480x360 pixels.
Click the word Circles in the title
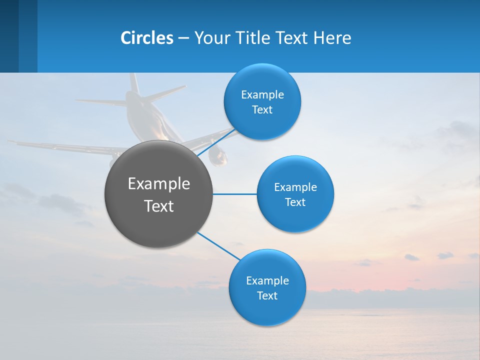(147, 38)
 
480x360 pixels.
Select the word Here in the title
(332, 38)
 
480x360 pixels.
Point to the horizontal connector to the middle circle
(235, 194)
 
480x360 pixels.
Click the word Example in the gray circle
(159, 184)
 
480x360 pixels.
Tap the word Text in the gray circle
(159, 206)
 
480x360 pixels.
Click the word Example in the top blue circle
(262, 95)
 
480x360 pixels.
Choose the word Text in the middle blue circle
(295, 202)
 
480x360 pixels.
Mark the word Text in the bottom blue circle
(267, 295)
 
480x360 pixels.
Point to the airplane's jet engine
(218, 156)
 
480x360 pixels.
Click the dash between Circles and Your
(183, 38)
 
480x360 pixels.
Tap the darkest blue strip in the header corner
(9, 36)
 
